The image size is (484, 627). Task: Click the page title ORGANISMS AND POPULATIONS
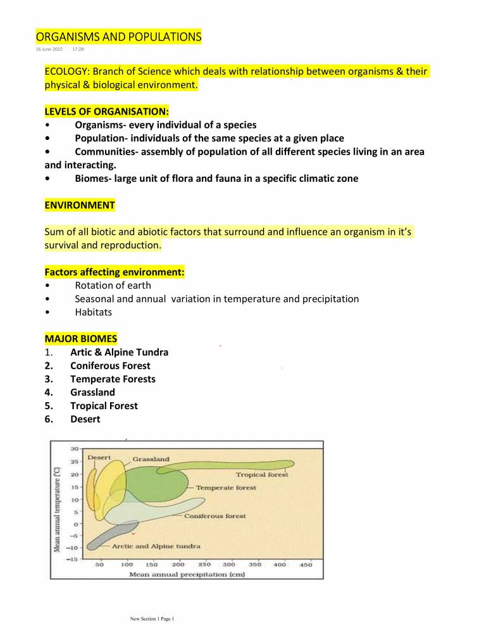(x=118, y=37)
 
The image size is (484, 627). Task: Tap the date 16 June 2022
(x=53, y=48)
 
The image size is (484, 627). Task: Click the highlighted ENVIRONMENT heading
(x=80, y=205)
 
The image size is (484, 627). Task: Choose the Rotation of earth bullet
(x=113, y=285)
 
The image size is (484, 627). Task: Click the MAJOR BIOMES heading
(x=80, y=339)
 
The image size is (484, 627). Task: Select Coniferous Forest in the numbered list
(x=110, y=365)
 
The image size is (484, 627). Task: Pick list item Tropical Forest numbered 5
(x=104, y=405)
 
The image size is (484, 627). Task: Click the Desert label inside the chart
(x=99, y=457)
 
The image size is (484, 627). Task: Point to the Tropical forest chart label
(x=262, y=474)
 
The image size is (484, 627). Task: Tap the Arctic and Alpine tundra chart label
(x=156, y=545)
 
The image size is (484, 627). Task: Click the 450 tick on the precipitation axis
(x=306, y=564)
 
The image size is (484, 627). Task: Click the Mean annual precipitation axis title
(x=187, y=574)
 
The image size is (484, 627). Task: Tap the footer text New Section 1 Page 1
(x=151, y=617)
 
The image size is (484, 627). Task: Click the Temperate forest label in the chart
(x=226, y=488)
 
